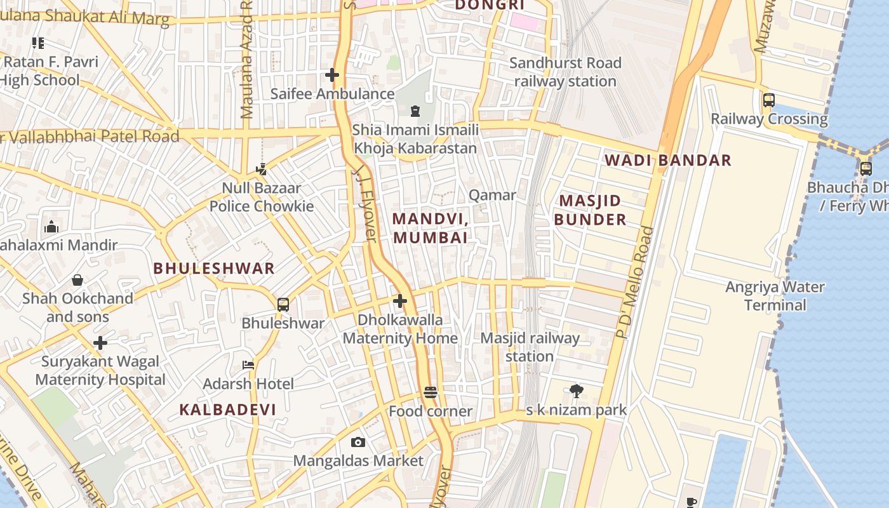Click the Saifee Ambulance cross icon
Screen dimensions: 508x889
(331, 75)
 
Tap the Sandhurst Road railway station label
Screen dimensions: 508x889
(565, 72)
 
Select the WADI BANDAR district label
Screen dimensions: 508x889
(667, 160)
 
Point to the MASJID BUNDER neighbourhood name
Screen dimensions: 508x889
(590, 210)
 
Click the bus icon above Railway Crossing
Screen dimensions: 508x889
(768, 100)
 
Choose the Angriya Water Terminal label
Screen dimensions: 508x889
(775, 296)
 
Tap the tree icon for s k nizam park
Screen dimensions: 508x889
(577, 391)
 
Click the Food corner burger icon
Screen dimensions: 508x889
(431, 392)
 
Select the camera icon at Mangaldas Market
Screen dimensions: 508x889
(358, 442)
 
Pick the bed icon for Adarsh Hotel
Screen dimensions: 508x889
(248, 365)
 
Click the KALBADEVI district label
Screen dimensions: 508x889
(227, 410)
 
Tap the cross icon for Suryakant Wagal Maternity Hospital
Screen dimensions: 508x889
(100, 343)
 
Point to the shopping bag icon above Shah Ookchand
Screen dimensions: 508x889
(77, 280)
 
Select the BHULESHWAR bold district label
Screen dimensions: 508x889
(214, 268)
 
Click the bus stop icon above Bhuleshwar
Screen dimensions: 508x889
(283, 304)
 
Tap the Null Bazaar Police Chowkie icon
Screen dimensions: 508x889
(261, 170)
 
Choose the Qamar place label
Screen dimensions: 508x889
(492, 195)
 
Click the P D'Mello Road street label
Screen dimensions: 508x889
(635, 283)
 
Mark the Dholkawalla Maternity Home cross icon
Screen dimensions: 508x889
(400, 301)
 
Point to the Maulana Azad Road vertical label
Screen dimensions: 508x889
(247, 60)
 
